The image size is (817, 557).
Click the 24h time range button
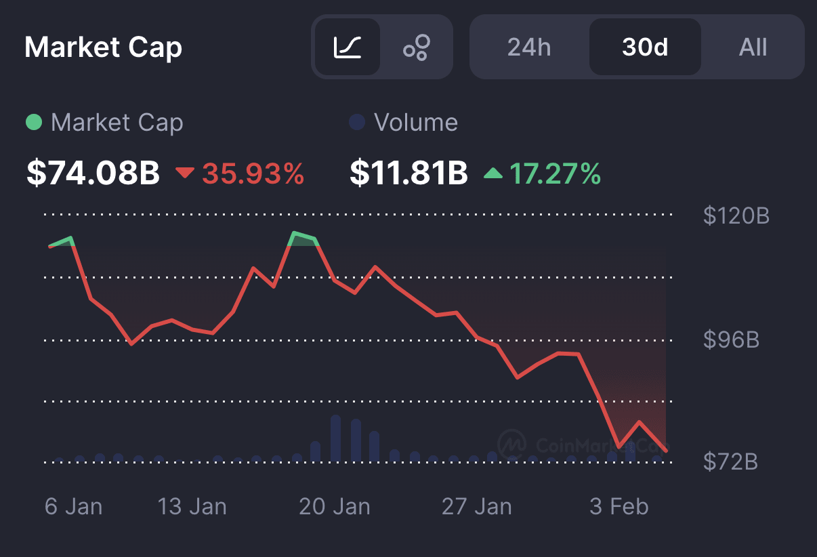tap(529, 47)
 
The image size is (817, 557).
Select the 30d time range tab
tap(645, 47)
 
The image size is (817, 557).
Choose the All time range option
tap(753, 47)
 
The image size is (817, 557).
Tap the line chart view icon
tap(348, 47)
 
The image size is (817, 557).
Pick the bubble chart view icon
tap(417, 47)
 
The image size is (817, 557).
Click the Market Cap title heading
tap(103, 47)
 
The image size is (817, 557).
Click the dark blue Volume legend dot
tap(356, 123)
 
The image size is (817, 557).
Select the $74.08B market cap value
tap(93, 173)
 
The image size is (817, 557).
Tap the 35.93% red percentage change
tap(253, 174)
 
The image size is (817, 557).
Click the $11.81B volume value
tap(408, 173)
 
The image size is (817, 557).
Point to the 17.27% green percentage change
tap(555, 174)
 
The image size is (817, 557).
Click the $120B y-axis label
tap(736, 216)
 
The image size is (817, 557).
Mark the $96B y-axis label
tap(731, 339)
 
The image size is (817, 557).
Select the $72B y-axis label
tap(730, 462)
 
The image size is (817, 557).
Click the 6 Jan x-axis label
tap(73, 507)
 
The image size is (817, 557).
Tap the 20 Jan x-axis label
tap(335, 507)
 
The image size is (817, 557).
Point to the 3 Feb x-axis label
tap(619, 507)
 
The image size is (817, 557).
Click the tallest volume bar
tap(335, 438)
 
